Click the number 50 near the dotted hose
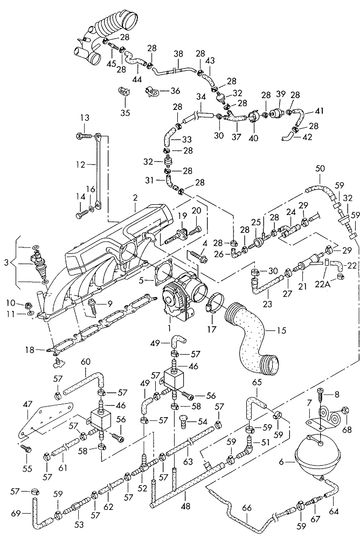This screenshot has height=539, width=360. tap(320, 169)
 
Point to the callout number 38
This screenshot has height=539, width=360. tap(178, 54)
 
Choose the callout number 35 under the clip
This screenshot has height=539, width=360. tap(125, 113)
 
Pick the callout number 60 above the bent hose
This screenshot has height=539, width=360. tap(86, 361)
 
